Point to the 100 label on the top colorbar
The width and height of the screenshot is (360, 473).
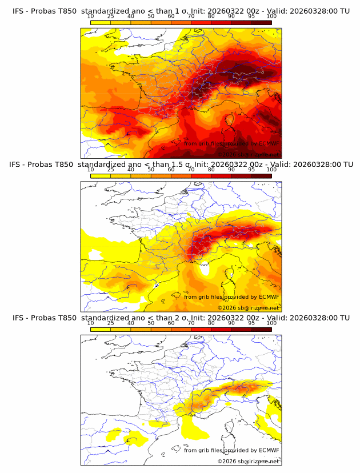coord(271,17)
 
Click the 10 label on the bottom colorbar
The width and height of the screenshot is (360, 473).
coord(90,323)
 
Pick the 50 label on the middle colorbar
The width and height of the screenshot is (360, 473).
coord(151,170)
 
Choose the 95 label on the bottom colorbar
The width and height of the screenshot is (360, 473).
coord(251,323)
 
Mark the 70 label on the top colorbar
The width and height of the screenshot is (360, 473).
coord(191,17)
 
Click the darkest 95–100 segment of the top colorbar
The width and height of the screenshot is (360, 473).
coord(261,22)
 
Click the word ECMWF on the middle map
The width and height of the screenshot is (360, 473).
coord(269,296)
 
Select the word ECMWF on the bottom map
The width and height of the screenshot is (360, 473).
coord(269,450)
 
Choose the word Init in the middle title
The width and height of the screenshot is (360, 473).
coord(204,165)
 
